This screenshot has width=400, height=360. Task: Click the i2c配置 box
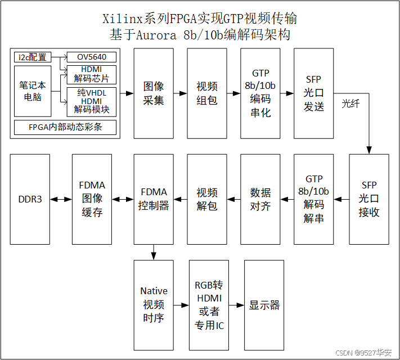32,57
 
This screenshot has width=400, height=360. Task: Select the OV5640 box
92,57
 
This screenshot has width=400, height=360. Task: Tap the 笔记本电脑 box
32,91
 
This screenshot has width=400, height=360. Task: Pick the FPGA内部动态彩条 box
65,127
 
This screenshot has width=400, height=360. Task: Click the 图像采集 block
154,93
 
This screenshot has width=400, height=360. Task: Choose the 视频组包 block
207,93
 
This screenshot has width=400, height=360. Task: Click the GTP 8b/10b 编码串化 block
260,93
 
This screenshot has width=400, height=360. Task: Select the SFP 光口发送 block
313,93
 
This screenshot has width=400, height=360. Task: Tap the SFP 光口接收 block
368,199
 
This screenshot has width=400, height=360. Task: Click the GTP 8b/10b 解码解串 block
313,199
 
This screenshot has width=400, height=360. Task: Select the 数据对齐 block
260,199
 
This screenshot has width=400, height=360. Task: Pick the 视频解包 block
207,199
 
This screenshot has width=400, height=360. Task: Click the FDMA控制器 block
154,199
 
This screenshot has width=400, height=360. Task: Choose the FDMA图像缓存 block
92,199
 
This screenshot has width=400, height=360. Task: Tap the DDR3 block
30,199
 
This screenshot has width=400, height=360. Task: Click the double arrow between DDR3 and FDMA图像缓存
61,199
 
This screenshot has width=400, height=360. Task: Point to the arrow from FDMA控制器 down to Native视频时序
154,253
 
